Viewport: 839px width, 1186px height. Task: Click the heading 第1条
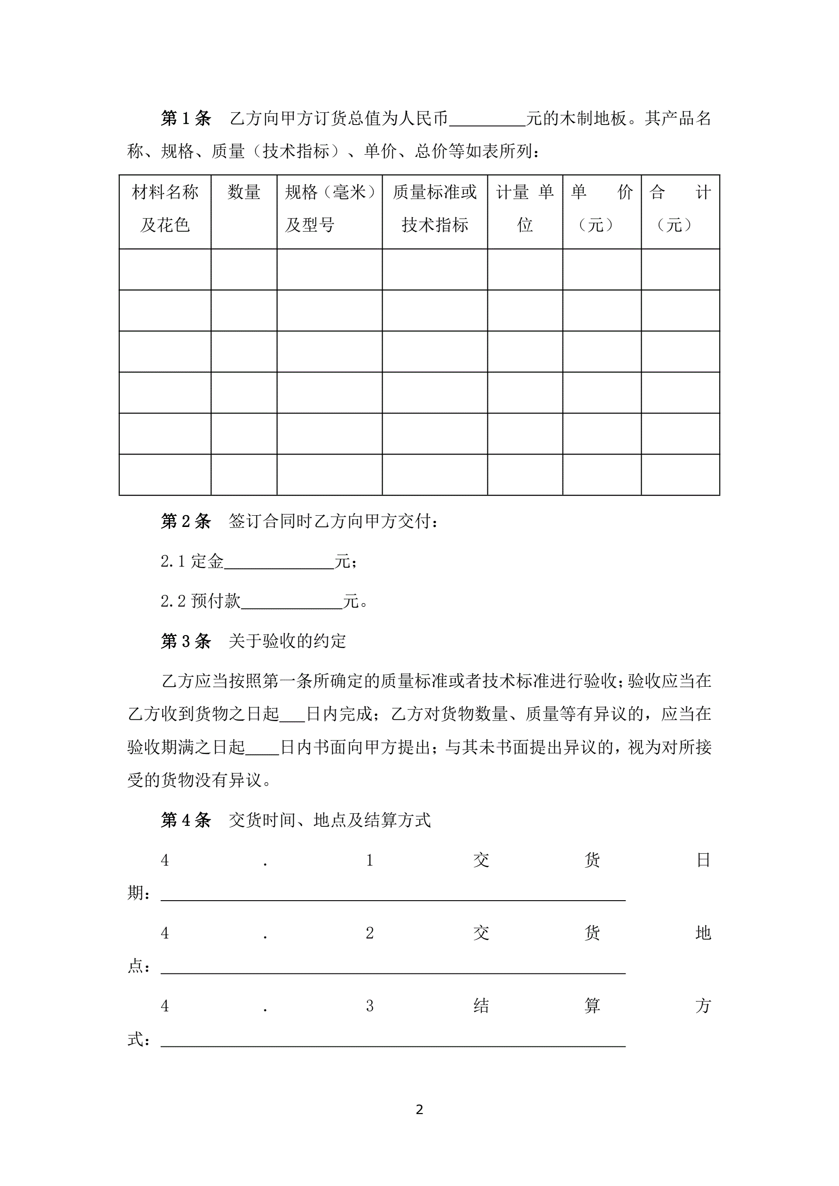186,118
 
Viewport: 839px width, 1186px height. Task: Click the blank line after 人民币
487,120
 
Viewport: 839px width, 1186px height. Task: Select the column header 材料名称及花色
165,209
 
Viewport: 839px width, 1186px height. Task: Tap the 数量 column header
244,193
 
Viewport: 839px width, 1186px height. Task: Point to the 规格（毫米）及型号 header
329,209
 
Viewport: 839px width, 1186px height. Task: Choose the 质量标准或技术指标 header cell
434,209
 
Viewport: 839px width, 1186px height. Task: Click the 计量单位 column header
525,209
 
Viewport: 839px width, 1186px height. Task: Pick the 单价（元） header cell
602,209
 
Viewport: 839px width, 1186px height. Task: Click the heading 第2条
186,521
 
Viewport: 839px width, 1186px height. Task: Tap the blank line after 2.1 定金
279,563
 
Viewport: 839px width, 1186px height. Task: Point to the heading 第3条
186,641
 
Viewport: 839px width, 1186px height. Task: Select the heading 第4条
186,820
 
